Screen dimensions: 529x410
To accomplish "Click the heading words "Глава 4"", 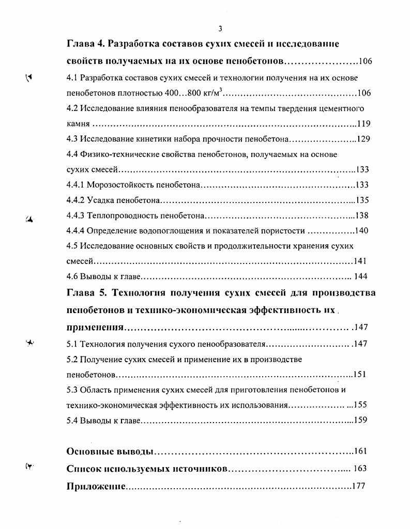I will click(x=86, y=44).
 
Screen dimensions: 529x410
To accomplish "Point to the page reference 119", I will click(x=363, y=124).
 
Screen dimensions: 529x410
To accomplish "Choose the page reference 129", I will click(x=363, y=139).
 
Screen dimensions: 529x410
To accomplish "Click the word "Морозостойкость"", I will click(x=117, y=185).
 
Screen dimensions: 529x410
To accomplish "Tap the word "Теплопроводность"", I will click(x=121, y=215).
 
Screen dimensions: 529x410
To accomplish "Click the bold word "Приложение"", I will click(x=96, y=487).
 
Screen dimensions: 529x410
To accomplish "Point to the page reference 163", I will click(x=360, y=469).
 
